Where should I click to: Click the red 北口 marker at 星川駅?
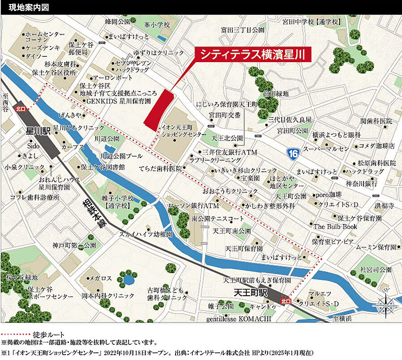(x=20, y=109)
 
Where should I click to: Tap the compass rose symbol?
(x=386, y=306)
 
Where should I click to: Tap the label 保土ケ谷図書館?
(x=103, y=167)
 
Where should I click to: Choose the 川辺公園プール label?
(x=121, y=156)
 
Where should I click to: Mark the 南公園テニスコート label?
(x=217, y=219)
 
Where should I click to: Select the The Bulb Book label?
(x=335, y=227)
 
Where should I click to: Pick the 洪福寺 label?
(x=385, y=206)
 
